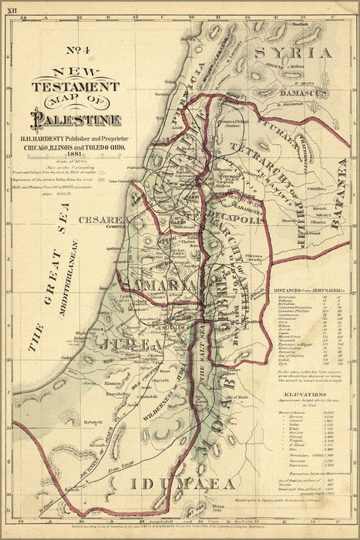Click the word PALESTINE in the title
pos(75,120)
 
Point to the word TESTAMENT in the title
pos(75,87)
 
